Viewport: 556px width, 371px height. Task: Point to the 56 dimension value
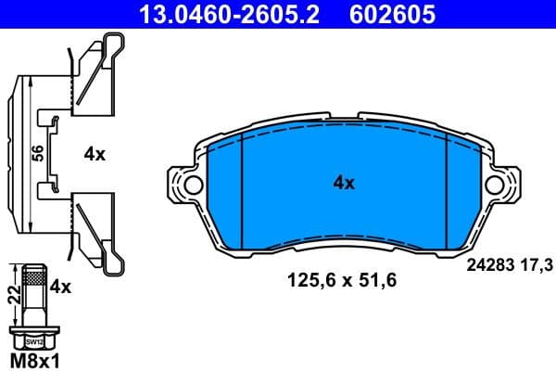tap(36, 153)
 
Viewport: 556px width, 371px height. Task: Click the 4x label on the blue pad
tap(344, 184)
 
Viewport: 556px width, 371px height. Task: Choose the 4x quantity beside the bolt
tap(60, 288)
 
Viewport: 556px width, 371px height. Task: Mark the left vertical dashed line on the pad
tap(240, 190)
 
